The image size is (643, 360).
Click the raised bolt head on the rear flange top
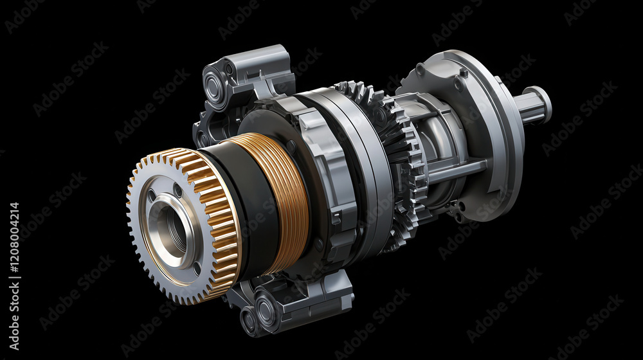coord(464,73)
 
